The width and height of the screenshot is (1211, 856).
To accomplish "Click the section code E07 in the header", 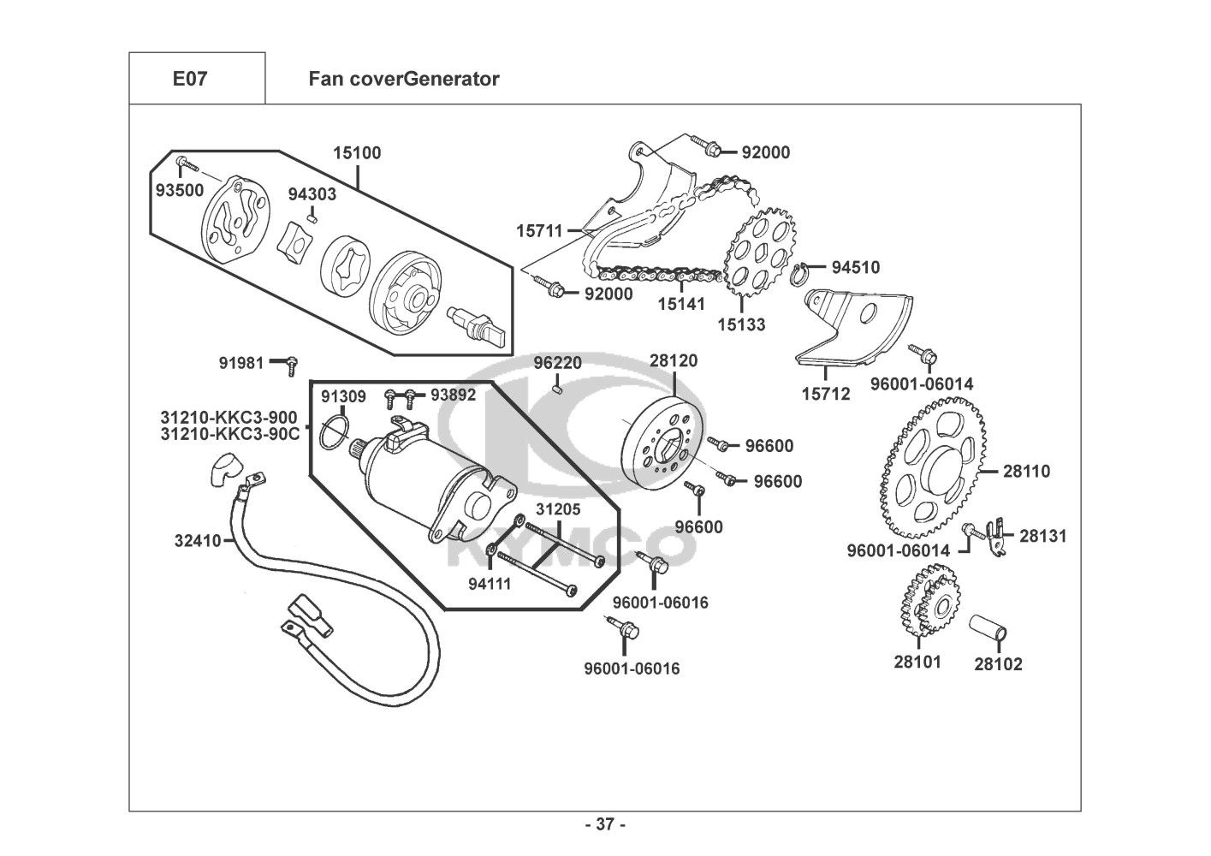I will (x=189, y=80).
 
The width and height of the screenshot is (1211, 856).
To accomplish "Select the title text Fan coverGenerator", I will (x=403, y=80).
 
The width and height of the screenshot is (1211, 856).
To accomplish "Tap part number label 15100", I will (x=357, y=153).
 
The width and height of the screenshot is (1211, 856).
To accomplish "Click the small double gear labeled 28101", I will (x=928, y=609).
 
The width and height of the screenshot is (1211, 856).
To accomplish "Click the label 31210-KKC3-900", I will (x=229, y=417).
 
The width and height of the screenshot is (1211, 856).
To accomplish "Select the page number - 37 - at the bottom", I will (x=605, y=825).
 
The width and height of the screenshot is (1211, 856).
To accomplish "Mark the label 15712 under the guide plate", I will (x=826, y=394).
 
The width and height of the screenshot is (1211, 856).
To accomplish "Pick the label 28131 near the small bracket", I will (x=1043, y=536).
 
